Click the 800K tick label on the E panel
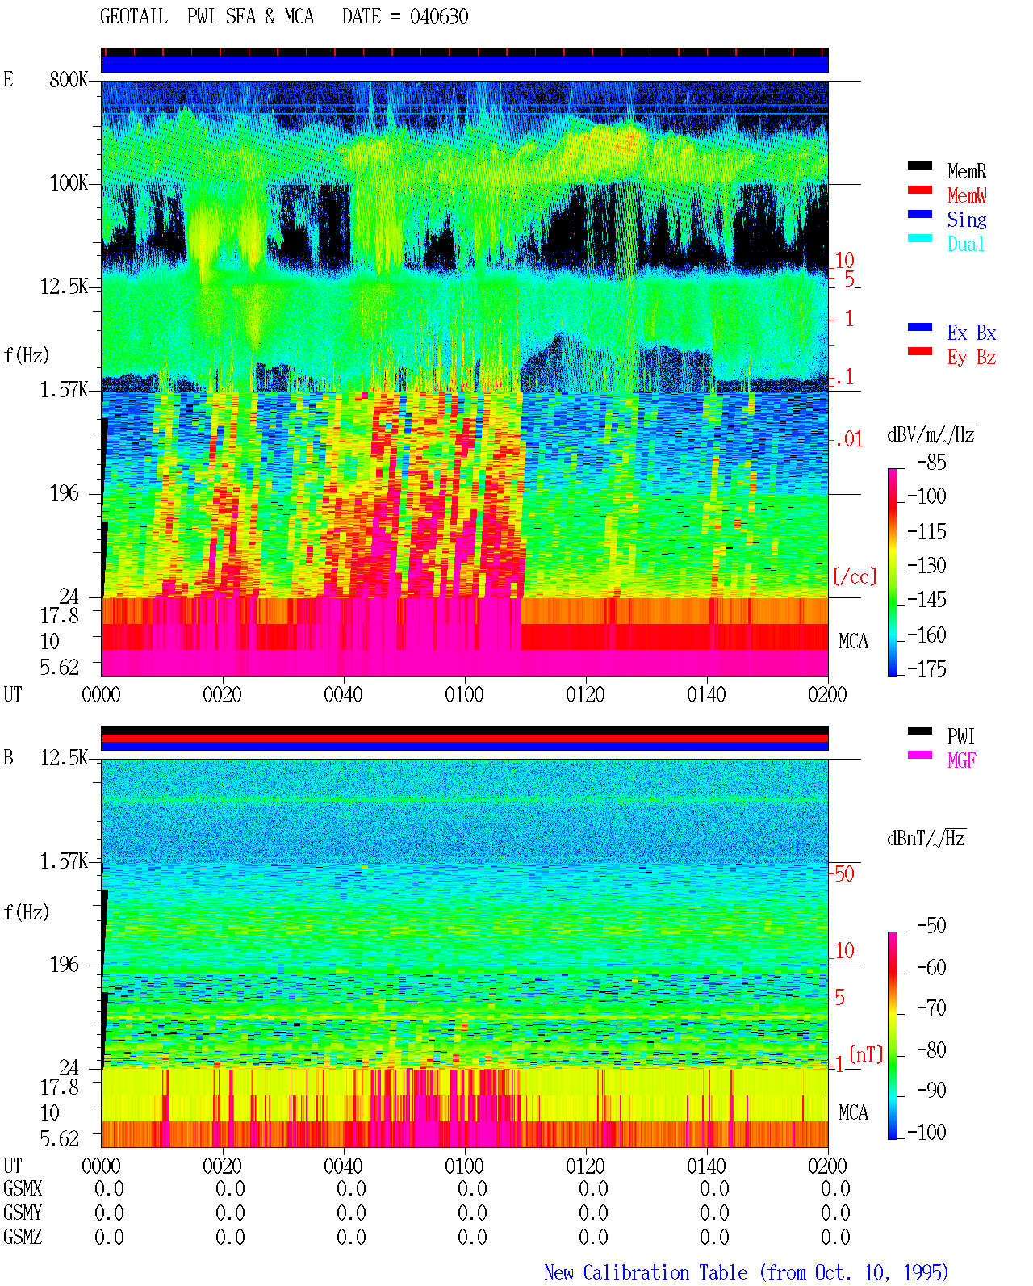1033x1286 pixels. pos(69,79)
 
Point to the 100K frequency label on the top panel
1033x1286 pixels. pos(69,183)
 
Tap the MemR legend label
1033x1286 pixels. pos(966,171)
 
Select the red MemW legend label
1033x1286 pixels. pos(966,195)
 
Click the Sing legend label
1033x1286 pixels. pos(966,220)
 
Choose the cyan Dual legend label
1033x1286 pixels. pos(965,244)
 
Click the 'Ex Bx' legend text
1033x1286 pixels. pos(971,333)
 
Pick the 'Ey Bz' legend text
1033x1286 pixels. pos(971,358)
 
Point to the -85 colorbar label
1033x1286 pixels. pos(931,463)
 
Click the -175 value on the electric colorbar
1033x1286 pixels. pos(926,668)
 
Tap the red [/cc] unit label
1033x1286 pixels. pos(855,576)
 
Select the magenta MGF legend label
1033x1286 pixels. pos(961,760)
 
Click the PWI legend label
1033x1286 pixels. pos(960,736)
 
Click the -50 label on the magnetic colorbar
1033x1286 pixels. pos(931,926)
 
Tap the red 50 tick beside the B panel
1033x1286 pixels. pos(844,874)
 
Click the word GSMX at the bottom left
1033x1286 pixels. pos(23,1188)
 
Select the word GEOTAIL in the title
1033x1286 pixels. pos(134,17)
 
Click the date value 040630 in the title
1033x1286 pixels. pos(439,17)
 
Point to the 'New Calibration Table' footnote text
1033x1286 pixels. pos(646,1272)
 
